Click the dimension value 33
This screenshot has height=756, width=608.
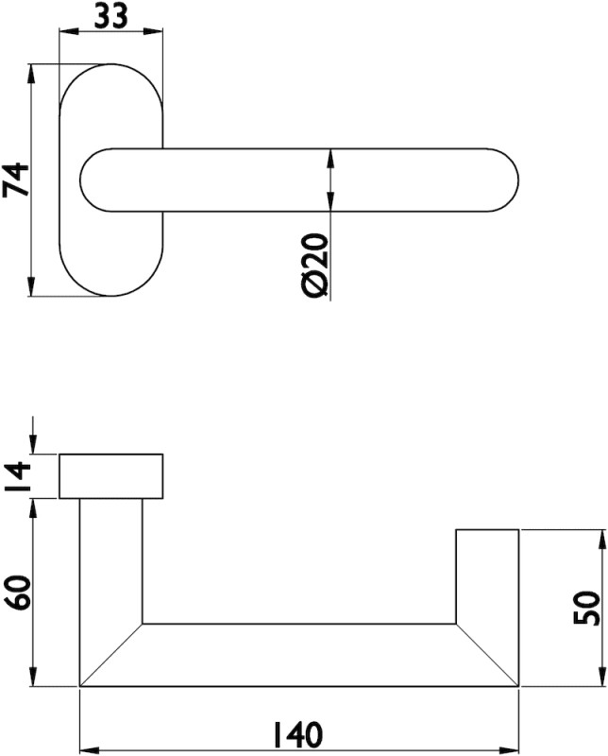pyautogui.click(x=110, y=16)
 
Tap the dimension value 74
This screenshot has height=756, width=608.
pyautogui.click(x=16, y=180)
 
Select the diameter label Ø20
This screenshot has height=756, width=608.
pyautogui.click(x=315, y=266)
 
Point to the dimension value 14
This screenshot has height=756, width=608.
pyautogui.click(x=17, y=476)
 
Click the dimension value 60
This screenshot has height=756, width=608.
pyautogui.click(x=18, y=593)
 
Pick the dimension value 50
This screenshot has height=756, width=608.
pyautogui.click(x=587, y=608)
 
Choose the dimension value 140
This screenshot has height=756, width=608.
pyautogui.click(x=297, y=735)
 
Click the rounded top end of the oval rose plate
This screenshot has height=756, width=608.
pyautogui.click(x=111, y=64)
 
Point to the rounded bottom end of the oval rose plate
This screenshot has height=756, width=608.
pyautogui.click(x=111, y=296)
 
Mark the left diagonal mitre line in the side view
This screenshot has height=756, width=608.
pyautogui.click(x=111, y=655)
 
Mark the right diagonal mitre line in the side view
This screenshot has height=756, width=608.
pyautogui.click(x=487, y=655)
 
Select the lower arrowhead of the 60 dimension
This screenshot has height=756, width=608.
pyautogui.click(x=33, y=677)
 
